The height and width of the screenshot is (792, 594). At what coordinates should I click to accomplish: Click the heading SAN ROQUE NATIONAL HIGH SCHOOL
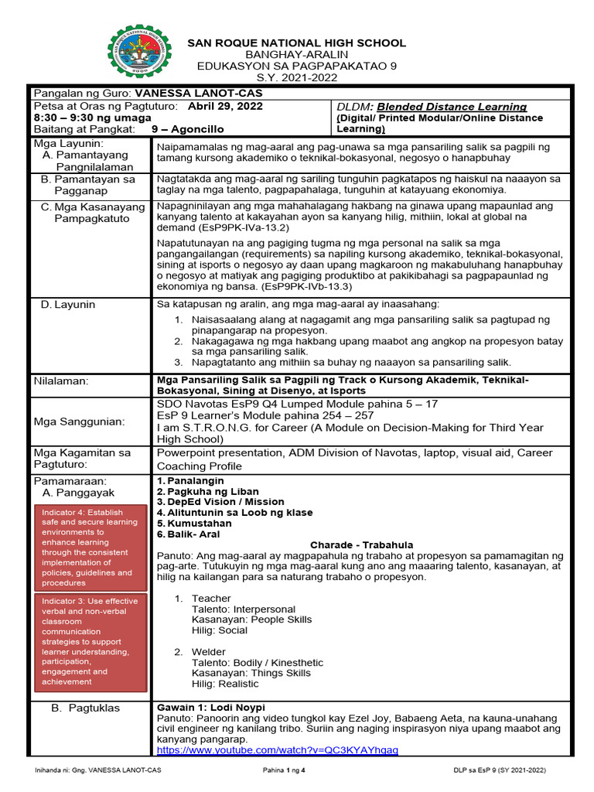[x=297, y=43]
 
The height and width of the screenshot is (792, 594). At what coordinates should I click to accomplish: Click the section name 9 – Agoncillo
[x=187, y=129]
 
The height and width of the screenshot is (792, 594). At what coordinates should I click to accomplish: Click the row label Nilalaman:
[x=61, y=381]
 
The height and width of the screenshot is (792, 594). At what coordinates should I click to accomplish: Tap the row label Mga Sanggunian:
[x=79, y=422]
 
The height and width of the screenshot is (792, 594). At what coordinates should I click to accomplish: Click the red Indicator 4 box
[x=91, y=547]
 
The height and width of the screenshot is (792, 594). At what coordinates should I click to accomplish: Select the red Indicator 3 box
[x=91, y=641]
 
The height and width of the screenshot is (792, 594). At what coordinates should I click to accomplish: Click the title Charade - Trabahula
[x=361, y=544]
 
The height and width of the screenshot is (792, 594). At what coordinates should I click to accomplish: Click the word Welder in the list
[x=209, y=652]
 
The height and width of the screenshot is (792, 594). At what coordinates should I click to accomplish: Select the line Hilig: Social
[x=220, y=630]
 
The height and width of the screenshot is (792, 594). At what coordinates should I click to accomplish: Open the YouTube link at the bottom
[x=277, y=750]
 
